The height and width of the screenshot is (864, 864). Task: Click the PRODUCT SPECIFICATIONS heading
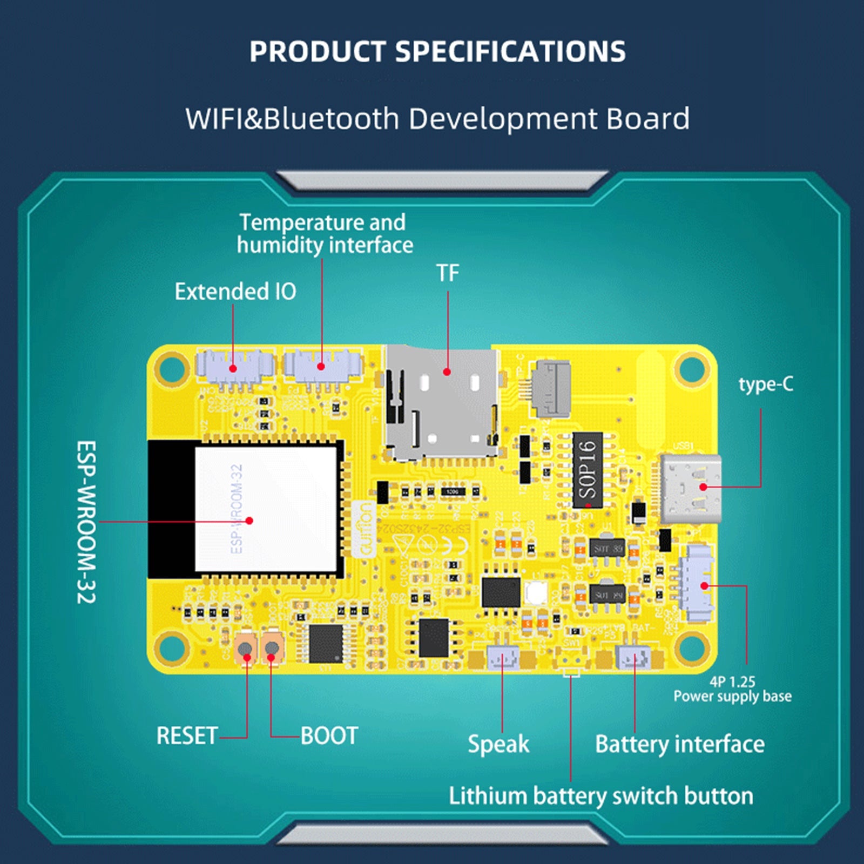click(437, 52)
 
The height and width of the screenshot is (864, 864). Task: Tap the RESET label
click(187, 735)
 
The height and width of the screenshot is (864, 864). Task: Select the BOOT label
click(329, 735)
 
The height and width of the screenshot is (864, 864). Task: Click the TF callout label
click(448, 273)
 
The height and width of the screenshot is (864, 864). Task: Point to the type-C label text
click(766, 384)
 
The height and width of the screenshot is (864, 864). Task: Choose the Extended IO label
click(235, 292)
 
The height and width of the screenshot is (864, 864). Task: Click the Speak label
click(498, 744)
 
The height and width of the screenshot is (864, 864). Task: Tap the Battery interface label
click(679, 744)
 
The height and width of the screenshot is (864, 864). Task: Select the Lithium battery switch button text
click(600, 796)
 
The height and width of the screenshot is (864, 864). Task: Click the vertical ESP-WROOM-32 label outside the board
click(86, 522)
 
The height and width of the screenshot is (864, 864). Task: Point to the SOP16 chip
click(588, 470)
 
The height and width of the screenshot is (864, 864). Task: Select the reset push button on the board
click(246, 648)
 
